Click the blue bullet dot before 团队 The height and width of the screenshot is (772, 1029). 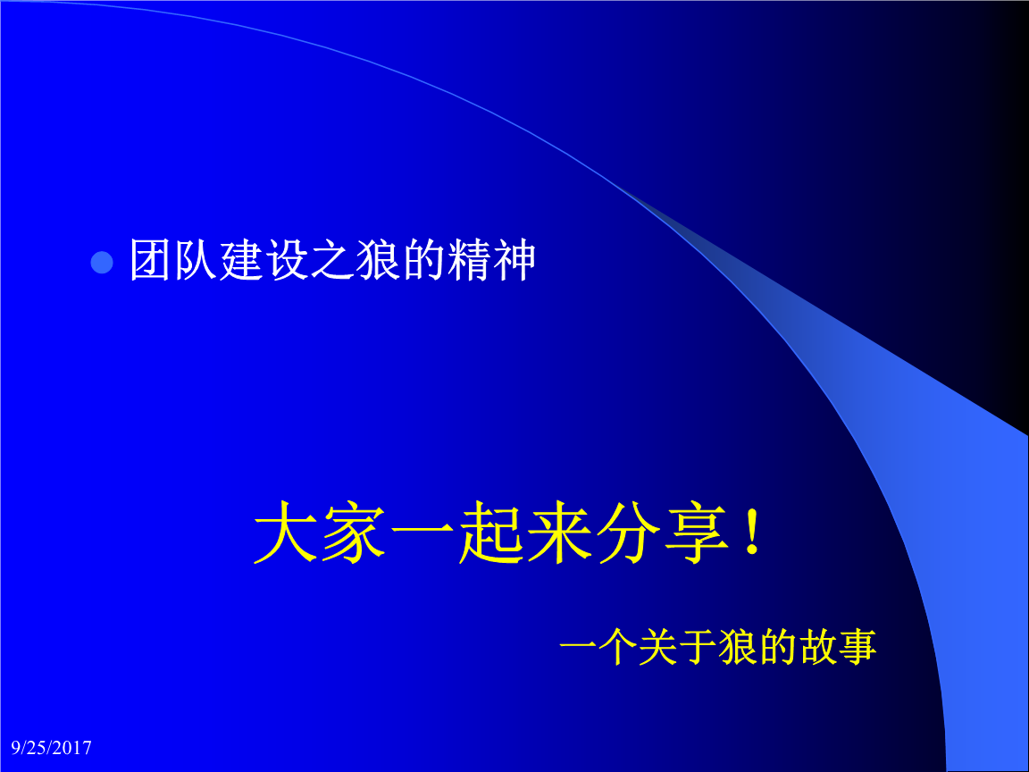(x=104, y=263)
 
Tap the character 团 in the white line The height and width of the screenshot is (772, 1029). (x=151, y=261)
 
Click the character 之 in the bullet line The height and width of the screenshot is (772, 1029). (x=333, y=261)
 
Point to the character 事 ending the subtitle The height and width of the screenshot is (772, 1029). (x=857, y=649)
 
